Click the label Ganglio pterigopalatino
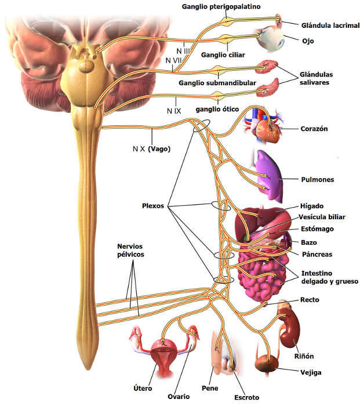point(221,7)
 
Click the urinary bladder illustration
point(267,363)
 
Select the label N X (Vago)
point(151,149)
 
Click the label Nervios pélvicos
point(130,251)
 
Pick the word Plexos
point(153,206)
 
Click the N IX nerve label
point(174,111)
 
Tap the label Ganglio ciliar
point(223,55)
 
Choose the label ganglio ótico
point(217,109)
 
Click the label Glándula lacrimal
point(330,26)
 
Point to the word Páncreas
point(317,254)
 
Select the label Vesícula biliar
point(322,217)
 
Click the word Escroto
point(246,397)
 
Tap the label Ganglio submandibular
point(217,83)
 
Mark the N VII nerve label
point(173,60)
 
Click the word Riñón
point(304,356)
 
